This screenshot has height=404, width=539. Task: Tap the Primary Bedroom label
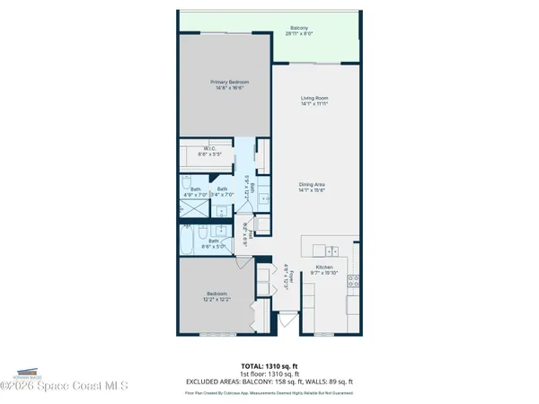tap(223, 84)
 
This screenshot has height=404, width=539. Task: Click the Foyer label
tap(286, 274)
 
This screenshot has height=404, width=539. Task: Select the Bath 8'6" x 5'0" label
tap(215, 242)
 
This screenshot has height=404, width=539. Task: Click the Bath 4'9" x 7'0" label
tap(195, 191)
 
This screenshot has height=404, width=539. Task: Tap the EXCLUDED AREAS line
tap(269, 382)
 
